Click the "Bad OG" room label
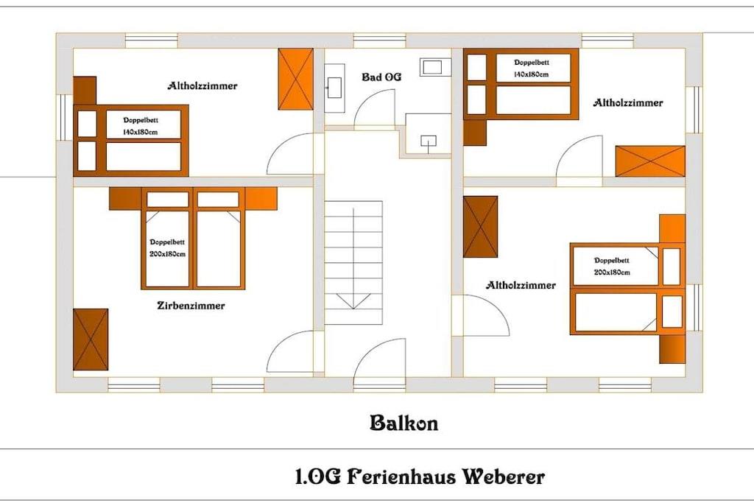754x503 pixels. (x=381, y=77)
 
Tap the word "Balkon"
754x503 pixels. (x=404, y=423)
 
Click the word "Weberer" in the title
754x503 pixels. (x=503, y=477)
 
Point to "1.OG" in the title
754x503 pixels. (x=318, y=477)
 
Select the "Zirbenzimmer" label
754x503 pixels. (x=191, y=306)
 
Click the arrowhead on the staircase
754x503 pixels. (x=353, y=301)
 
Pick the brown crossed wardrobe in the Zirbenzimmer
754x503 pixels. (x=91, y=340)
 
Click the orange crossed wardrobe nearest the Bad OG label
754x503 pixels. (x=296, y=79)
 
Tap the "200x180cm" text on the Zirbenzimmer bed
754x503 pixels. (x=167, y=254)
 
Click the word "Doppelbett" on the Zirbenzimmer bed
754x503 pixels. (x=167, y=242)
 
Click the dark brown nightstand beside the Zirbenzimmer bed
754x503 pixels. (x=125, y=199)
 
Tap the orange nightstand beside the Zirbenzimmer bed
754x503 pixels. (x=261, y=199)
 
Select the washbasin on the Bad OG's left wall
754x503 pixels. (x=335, y=88)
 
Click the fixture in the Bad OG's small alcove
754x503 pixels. (x=429, y=141)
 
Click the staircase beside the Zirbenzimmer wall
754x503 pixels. (x=353, y=263)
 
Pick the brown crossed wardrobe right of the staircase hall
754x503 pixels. (x=480, y=227)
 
